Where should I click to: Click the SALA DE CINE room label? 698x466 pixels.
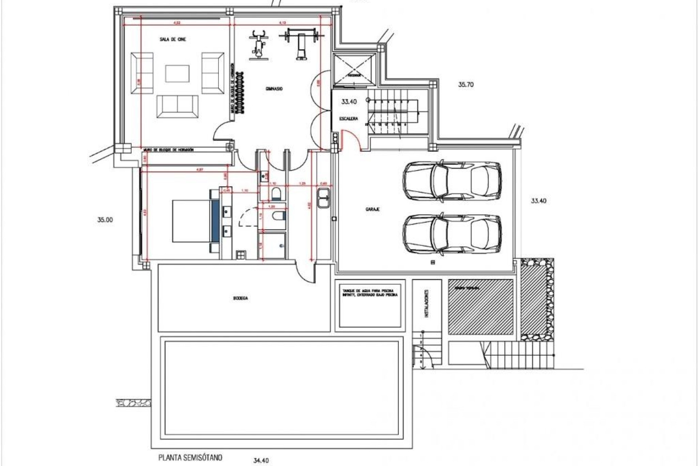tap(173, 39)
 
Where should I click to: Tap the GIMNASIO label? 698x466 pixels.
tap(274, 88)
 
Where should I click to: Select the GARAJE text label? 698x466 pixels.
tap(373, 209)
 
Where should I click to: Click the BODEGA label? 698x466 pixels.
tap(240, 298)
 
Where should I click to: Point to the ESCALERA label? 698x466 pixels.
tap(349, 119)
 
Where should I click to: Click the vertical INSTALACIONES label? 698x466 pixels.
tap(426, 303)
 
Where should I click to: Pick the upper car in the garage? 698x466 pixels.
tap(452, 180)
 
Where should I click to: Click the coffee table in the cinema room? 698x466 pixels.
tap(177, 74)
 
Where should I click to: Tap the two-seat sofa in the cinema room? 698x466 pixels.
tap(178, 106)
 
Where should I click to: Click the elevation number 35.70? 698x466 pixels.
tap(466, 84)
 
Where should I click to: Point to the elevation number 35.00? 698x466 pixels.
tap(105, 220)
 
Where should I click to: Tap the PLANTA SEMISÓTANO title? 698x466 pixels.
tap(190, 457)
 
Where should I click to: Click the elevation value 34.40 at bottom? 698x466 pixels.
tap(261, 461)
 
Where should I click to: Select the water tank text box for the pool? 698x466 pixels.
tap(370, 293)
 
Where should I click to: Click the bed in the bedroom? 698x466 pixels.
tap(193, 221)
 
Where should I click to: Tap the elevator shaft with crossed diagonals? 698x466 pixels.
tap(354, 70)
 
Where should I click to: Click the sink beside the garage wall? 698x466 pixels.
tap(323, 198)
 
